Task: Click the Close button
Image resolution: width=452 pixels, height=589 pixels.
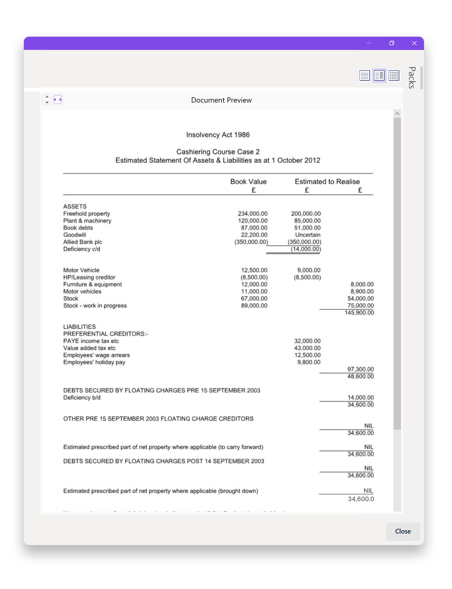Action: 403,531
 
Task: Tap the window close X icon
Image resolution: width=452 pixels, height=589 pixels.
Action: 414,43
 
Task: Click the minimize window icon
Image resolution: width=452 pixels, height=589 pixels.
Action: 369,43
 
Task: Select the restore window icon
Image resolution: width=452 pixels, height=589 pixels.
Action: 392,43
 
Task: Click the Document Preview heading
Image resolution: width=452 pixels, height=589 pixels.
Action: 221,100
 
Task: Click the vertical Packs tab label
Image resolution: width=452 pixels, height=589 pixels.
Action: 412,78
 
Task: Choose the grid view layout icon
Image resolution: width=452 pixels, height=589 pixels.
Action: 394,75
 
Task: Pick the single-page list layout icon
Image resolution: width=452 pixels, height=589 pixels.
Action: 365,75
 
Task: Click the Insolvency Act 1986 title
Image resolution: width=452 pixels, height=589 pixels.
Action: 218,135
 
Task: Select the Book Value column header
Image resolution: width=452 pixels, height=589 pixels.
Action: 248,182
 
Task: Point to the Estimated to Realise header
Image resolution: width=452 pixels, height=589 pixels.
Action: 327,182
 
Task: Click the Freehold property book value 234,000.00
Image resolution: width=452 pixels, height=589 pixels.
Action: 252,214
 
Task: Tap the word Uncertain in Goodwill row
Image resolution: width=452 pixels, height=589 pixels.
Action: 308,235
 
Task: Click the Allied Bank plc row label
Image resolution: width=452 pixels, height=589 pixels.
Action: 83,242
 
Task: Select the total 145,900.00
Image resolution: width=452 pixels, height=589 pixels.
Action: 359,313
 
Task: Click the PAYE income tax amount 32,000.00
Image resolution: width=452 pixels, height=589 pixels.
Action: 307,341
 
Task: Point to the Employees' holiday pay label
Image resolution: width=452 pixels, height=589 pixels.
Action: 94,362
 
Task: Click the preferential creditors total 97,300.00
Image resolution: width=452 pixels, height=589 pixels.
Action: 360,369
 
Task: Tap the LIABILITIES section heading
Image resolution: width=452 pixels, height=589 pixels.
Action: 79,327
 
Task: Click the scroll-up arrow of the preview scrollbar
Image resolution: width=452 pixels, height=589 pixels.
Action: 397,114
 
